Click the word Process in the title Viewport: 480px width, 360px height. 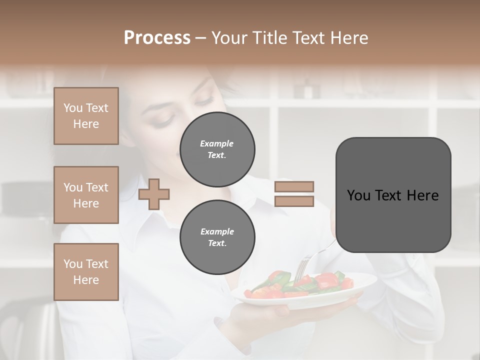157,38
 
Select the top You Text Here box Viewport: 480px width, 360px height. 86,116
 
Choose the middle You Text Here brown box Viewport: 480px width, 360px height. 86,195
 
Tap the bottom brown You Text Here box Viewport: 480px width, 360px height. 86,271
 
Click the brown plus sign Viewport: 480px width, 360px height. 154,194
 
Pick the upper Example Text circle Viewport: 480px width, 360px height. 217,149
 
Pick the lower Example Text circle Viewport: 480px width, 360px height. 217,237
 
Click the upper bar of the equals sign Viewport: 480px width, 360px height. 294,187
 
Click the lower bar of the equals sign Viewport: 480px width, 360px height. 294,201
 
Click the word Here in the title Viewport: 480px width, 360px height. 348,38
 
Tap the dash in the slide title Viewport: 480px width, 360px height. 201,38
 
